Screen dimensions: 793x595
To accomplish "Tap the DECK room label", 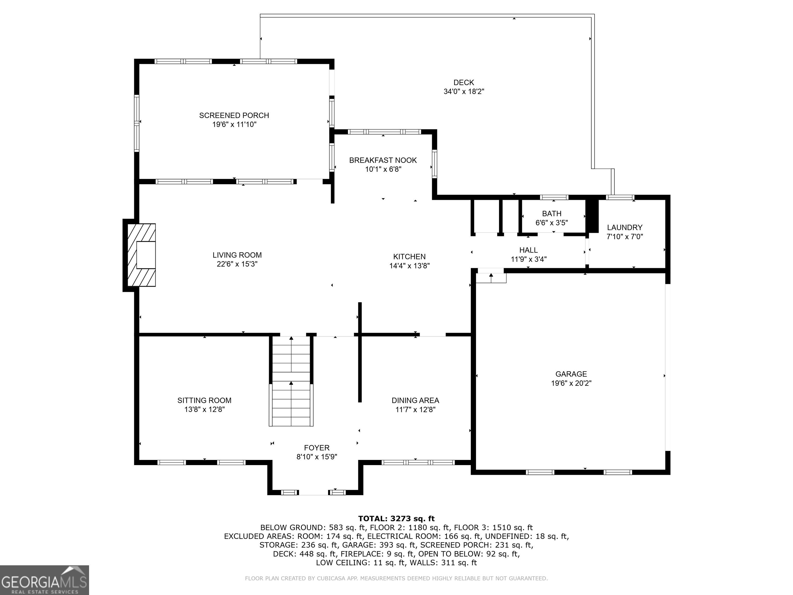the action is click(464, 82).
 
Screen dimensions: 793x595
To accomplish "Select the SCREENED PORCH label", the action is click(234, 115).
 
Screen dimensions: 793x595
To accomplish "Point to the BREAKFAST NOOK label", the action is click(383, 160).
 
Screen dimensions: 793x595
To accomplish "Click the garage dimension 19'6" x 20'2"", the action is click(571, 383).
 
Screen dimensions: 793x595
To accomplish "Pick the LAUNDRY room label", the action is click(624, 227).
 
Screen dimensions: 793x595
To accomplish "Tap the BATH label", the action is click(551, 213).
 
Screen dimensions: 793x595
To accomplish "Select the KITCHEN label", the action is click(409, 256).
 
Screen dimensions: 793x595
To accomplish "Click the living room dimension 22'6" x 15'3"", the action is click(237, 264).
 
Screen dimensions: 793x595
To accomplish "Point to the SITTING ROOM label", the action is click(204, 400).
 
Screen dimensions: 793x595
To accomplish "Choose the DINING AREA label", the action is click(415, 400).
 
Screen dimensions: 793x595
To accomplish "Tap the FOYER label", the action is click(316, 448).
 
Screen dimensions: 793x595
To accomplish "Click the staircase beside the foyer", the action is click(291, 381).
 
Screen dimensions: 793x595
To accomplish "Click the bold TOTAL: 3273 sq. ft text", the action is click(396, 518).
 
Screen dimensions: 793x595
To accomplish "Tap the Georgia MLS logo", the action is click(44, 580).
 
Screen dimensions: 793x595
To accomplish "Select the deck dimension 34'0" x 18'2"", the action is click(464, 91).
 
